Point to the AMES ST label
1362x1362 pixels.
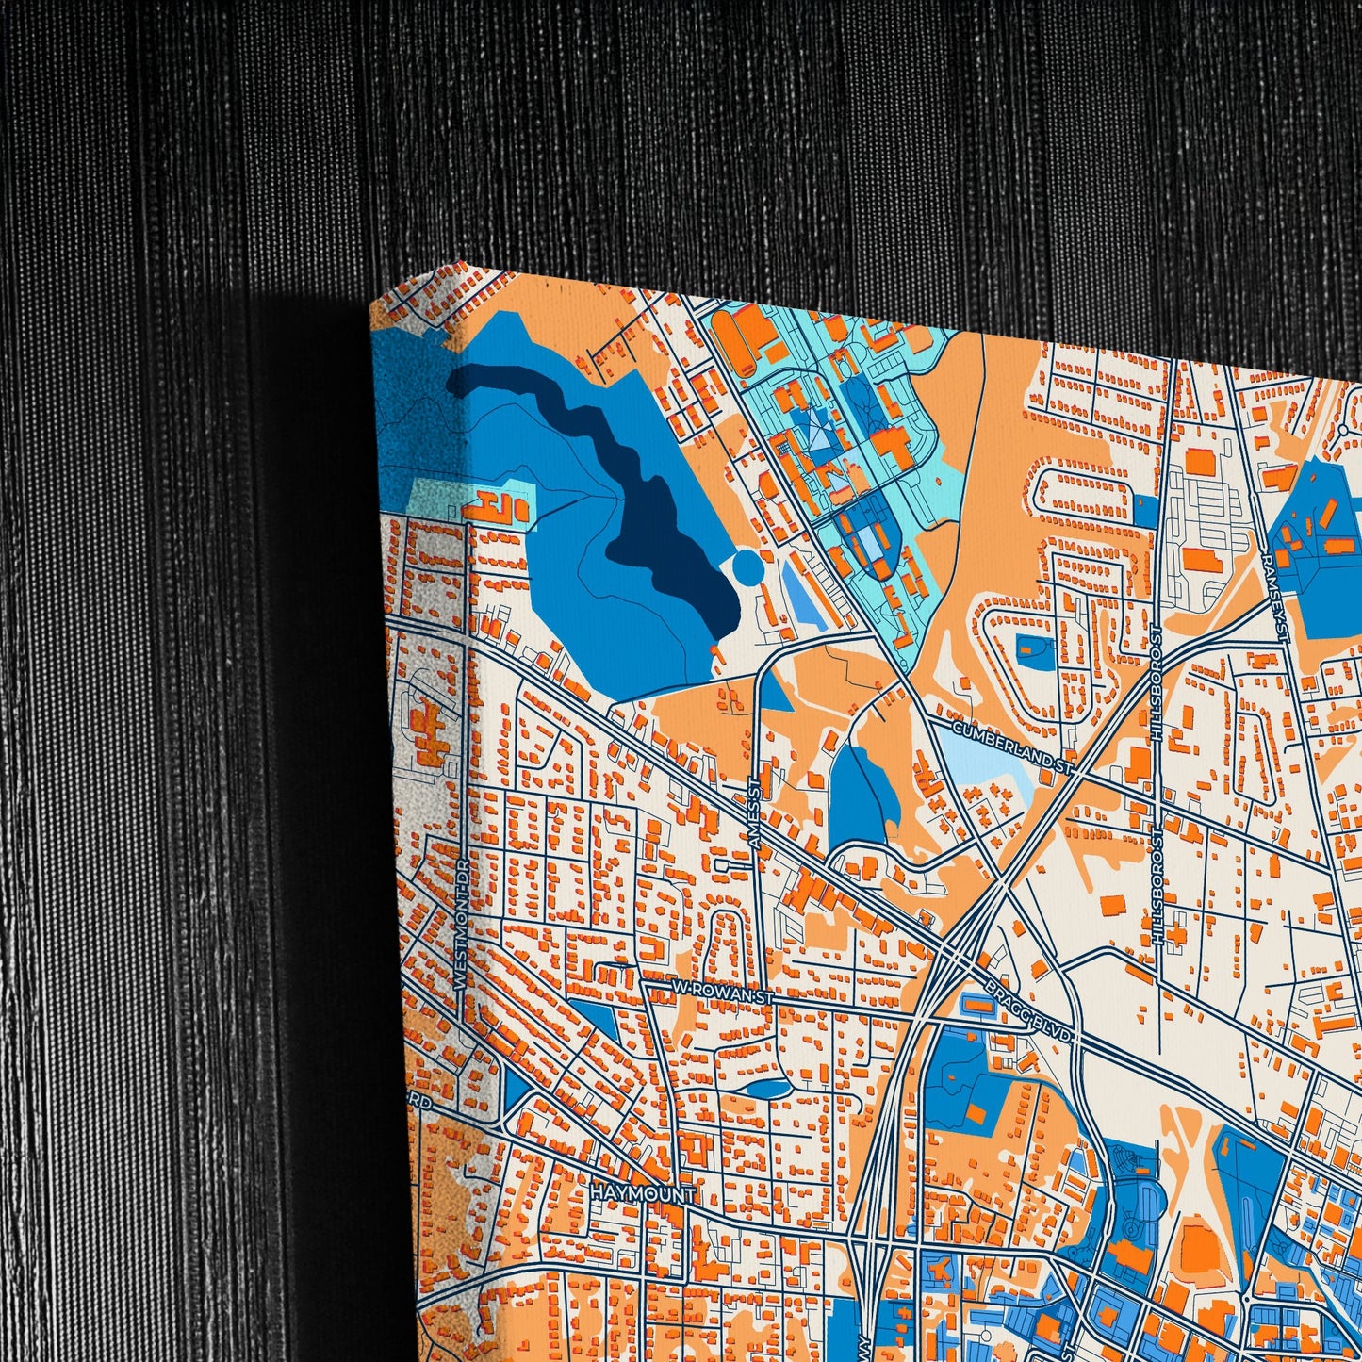pyautogui.click(x=753, y=815)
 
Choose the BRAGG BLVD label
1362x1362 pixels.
pyautogui.click(x=1030, y=1012)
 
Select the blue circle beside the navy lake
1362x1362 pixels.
pyautogui.click(x=747, y=567)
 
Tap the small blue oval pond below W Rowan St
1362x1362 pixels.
pyautogui.click(x=765, y=1090)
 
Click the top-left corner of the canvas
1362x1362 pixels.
pyautogui.click(x=373, y=304)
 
